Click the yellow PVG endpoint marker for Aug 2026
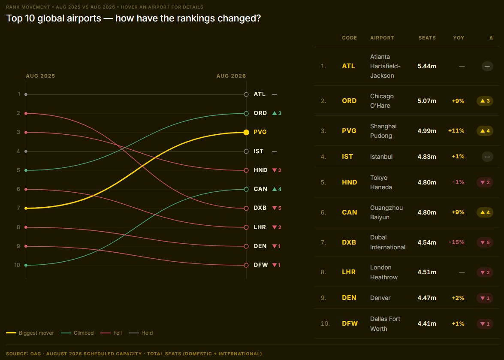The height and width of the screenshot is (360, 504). point(246,133)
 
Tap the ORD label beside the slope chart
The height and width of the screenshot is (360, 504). point(260,113)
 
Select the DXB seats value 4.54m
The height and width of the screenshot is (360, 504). point(427,242)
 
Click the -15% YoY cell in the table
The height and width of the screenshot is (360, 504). point(456,242)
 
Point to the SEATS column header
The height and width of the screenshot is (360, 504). point(427,38)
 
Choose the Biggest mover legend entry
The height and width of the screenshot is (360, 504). point(30,333)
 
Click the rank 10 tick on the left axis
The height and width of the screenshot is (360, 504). point(17,265)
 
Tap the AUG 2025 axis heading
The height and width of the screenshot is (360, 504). point(40,76)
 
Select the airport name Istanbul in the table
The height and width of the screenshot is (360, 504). point(381,157)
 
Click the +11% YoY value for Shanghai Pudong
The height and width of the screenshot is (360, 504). point(456,131)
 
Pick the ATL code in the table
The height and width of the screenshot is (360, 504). point(348,66)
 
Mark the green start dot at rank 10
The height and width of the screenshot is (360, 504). point(26,265)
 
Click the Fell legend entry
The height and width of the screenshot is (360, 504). point(111,333)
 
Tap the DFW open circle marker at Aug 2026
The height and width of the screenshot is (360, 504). point(246,265)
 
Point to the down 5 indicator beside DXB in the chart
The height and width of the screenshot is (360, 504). point(277,208)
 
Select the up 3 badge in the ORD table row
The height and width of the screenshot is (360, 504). point(485,101)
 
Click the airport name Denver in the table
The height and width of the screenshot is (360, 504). point(380,298)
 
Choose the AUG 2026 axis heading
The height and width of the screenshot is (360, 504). point(231,76)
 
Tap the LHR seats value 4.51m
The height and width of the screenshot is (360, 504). point(427,272)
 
